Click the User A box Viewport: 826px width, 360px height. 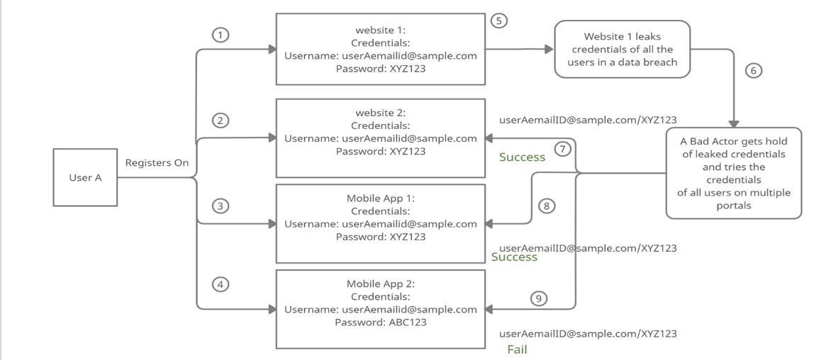[x=85, y=177]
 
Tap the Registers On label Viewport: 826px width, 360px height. [x=157, y=163]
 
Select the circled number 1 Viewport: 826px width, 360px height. [x=221, y=35]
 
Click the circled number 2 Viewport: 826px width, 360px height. [x=221, y=120]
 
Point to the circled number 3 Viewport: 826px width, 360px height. [x=221, y=206]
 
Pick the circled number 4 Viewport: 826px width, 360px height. [x=221, y=284]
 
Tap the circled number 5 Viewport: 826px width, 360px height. [x=499, y=21]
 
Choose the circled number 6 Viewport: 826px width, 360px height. [x=754, y=70]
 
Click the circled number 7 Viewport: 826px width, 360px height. [x=563, y=150]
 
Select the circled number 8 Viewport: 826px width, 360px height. [x=546, y=206]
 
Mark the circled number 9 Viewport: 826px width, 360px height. [x=539, y=298]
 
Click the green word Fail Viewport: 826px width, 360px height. [x=517, y=349]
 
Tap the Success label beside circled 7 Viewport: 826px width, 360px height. [x=522, y=157]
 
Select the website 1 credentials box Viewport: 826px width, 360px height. [x=381, y=49]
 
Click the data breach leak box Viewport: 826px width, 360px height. [x=622, y=49]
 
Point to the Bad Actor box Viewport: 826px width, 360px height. [x=734, y=173]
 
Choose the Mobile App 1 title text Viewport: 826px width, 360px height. [x=381, y=198]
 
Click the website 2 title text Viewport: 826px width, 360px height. [x=381, y=113]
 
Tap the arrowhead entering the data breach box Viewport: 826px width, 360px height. [x=549, y=49]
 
